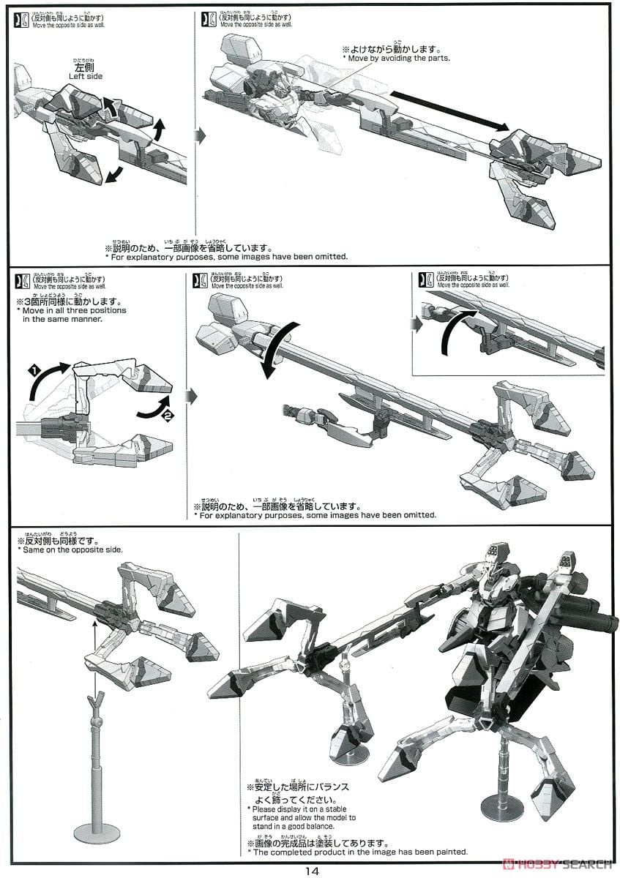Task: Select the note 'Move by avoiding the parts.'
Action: click(398, 58)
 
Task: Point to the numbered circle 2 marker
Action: click(168, 416)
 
